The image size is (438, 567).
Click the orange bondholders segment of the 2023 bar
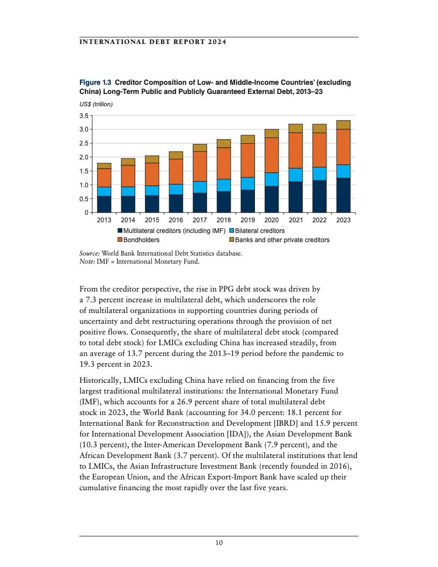(343, 147)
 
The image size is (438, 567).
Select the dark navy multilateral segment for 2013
(104, 205)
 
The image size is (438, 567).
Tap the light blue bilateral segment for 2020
(272, 179)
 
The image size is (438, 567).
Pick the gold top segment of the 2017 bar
(200, 148)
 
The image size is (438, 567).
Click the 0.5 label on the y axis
(83, 199)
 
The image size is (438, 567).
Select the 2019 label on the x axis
(247, 220)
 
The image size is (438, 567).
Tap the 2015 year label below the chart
(152, 220)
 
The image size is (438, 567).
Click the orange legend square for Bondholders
(120, 240)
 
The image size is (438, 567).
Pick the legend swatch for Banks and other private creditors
(232, 240)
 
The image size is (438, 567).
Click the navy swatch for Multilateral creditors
(120, 231)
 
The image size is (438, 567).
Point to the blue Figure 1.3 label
(96, 83)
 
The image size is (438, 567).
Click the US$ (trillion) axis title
(96, 105)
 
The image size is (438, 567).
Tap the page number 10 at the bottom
(218, 543)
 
